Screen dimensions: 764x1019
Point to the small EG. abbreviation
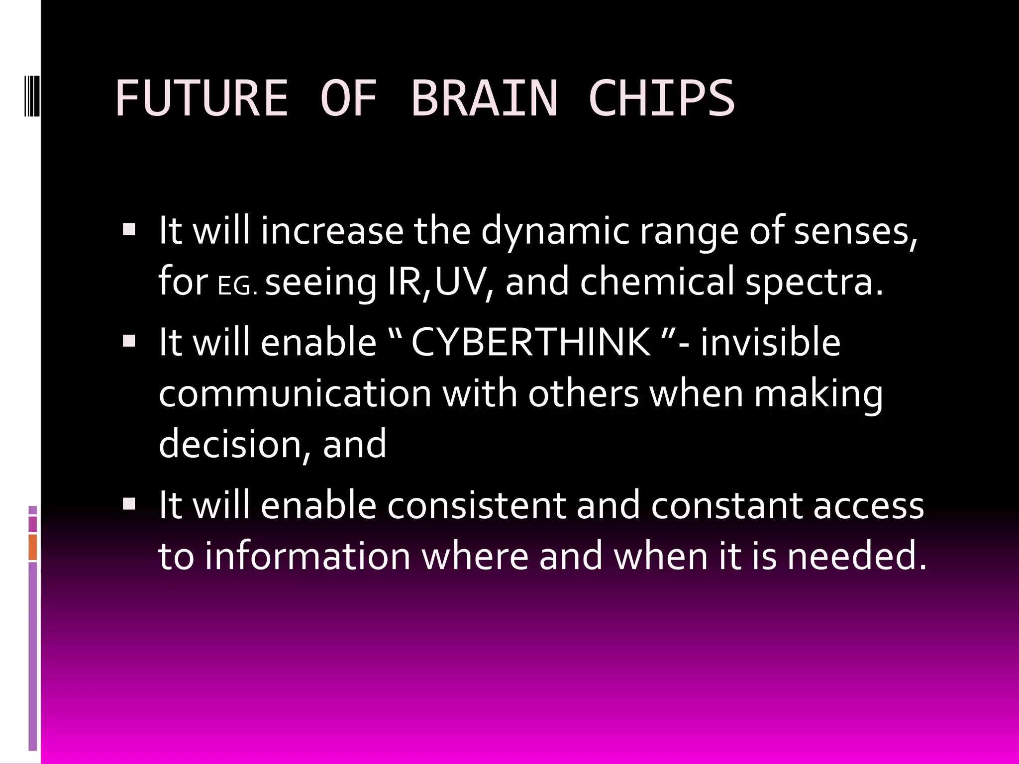pyautogui.click(x=237, y=287)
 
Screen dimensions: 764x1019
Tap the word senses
pyautogui.click(x=855, y=231)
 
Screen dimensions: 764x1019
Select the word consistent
pyautogui.click(x=477, y=505)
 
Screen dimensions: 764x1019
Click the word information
pyautogui.click(x=307, y=556)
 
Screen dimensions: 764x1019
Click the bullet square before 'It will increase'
pyautogui.click(x=129, y=230)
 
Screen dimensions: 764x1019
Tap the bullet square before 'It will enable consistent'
pyautogui.click(x=129, y=504)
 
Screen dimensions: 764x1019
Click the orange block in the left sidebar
pyautogui.click(x=33, y=547)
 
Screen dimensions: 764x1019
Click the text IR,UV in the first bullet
pyautogui.click(x=440, y=282)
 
